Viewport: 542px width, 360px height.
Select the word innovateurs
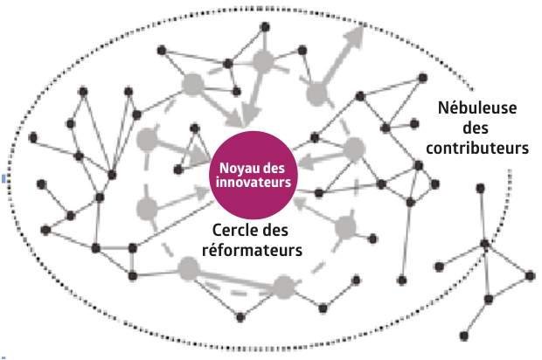[254, 182]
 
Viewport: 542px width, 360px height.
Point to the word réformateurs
[252, 250]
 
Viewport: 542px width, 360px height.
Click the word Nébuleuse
[477, 107]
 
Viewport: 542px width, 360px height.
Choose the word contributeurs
[477, 148]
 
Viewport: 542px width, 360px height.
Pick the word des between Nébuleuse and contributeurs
[476, 128]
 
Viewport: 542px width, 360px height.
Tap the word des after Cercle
[274, 230]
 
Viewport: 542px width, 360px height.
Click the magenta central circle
[254, 175]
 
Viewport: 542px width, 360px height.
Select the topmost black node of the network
[265, 27]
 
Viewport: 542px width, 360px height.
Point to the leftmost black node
[33, 137]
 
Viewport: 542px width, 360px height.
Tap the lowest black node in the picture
[464, 336]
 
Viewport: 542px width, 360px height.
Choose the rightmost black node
[531, 276]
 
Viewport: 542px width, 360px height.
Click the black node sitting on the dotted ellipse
[485, 244]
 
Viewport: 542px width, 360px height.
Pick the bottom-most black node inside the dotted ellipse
[240, 317]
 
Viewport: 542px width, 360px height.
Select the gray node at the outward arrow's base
[316, 93]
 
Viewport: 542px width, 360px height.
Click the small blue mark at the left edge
[3, 178]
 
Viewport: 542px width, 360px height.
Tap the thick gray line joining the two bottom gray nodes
[236, 278]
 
